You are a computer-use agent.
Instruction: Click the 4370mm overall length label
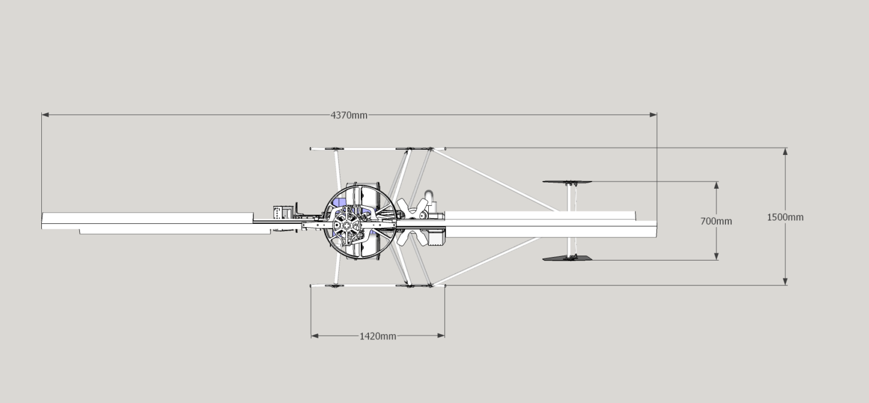tap(349, 115)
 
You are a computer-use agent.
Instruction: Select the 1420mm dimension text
tap(377, 336)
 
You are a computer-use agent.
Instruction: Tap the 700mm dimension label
tap(716, 221)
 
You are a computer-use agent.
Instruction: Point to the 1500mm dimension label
tap(785, 217)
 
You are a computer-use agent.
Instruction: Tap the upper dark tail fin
tap(567, 182)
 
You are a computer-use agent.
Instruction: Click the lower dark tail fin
tap(567, 258)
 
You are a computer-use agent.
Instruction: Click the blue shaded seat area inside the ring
tap(339, 202)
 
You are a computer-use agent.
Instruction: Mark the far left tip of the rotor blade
tap(43, 221)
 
